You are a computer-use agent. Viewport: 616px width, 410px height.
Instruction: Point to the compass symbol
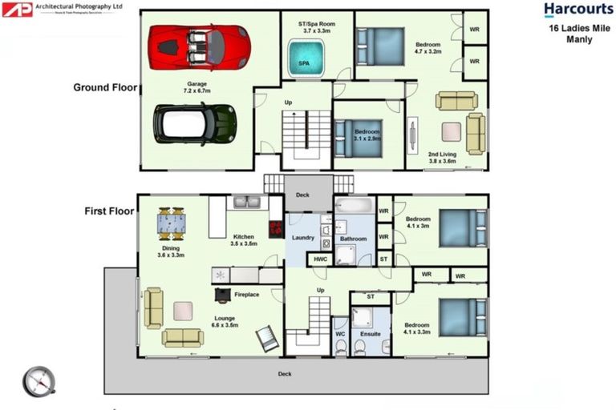(x=38, y=381)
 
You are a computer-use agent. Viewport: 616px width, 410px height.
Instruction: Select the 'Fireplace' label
(x=246, y=295)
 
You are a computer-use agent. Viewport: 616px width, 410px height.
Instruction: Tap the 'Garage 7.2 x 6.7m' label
(x=197, y=87)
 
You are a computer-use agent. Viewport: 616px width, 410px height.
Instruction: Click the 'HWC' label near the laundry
(x=320, y=259)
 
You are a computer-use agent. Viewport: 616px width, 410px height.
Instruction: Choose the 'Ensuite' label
(x=371, y=333)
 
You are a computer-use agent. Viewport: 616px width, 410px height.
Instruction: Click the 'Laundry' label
(x=302, y=238)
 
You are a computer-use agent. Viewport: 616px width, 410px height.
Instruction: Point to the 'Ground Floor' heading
(x=105, y=87)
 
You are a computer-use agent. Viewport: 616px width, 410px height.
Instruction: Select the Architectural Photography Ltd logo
(x=63, y=9)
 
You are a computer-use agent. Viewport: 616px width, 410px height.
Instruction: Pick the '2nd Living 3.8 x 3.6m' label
(x=441, y=157)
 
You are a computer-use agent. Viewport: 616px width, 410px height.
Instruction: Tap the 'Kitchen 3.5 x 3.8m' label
(x=245, y=240)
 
